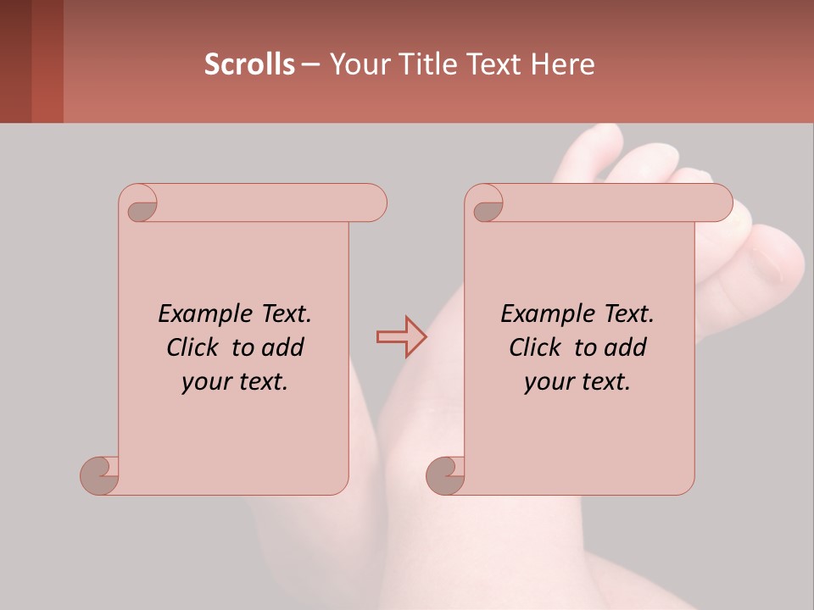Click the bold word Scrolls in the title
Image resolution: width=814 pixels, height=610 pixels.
coord(249,64)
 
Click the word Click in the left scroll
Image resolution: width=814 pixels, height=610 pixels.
coord(195,347)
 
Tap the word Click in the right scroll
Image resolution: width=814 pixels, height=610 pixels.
coord(536,347)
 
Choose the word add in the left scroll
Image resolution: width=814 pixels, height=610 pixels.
coord(283,347)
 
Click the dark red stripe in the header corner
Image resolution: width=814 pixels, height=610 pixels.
coord(47,61)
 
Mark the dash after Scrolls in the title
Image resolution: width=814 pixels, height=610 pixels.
coord(310,64)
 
